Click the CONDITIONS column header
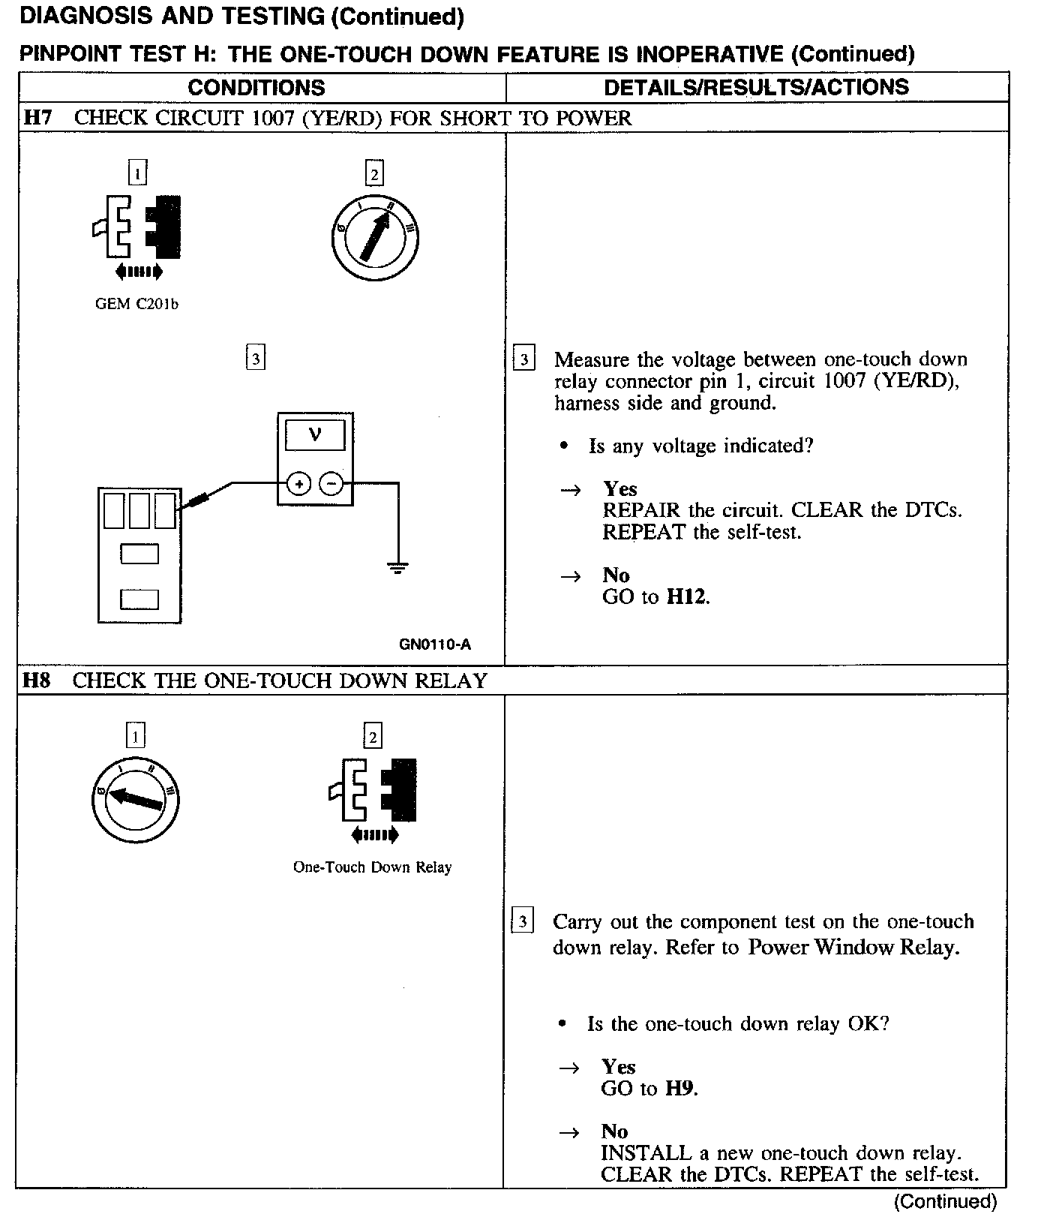[256, 88]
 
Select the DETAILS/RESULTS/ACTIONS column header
[756, 87]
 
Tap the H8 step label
[36, 681]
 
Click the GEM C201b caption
[137, 304]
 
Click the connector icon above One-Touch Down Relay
[373, 789]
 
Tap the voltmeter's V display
[315, 435]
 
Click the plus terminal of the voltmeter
[298, 484]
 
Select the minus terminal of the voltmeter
[331, 484]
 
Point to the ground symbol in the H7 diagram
[398, 567]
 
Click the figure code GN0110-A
[435, 645]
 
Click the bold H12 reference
[687, 597]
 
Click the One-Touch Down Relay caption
[372, 867]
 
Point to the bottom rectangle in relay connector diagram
[139, 599]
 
